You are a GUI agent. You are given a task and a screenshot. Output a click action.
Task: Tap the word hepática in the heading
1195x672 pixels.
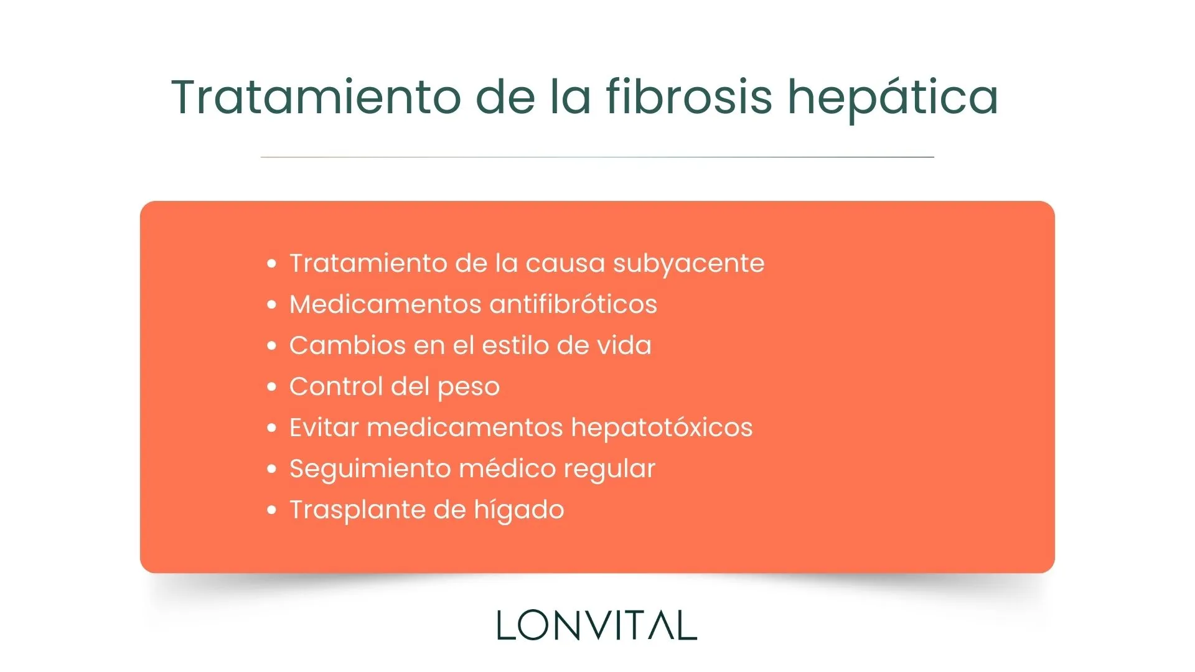tap(893, 98)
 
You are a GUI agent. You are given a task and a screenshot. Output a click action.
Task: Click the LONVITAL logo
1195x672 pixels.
tap(597, 625)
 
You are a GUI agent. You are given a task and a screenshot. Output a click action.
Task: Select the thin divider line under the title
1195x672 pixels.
tap(597, 157)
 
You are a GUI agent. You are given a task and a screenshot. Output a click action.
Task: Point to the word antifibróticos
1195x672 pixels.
tap(573, 304)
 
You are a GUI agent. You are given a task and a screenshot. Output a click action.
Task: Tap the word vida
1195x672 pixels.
tap(624, 345)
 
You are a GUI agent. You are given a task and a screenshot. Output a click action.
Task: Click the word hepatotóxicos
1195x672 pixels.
tap(662, 428)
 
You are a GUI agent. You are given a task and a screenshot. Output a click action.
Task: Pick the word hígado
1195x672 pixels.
tap(518, 510)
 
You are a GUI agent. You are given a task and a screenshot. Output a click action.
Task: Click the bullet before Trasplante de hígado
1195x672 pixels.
tap(271, 510)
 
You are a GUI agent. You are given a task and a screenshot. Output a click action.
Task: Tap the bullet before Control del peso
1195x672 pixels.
tap(271, 386)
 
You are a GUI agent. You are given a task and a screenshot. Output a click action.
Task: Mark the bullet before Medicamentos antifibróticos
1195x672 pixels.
tap(271, 304)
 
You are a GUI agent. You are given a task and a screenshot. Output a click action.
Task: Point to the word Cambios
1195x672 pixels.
tap(347, 345)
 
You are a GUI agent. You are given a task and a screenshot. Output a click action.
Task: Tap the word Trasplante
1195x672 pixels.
tap(357, 510)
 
